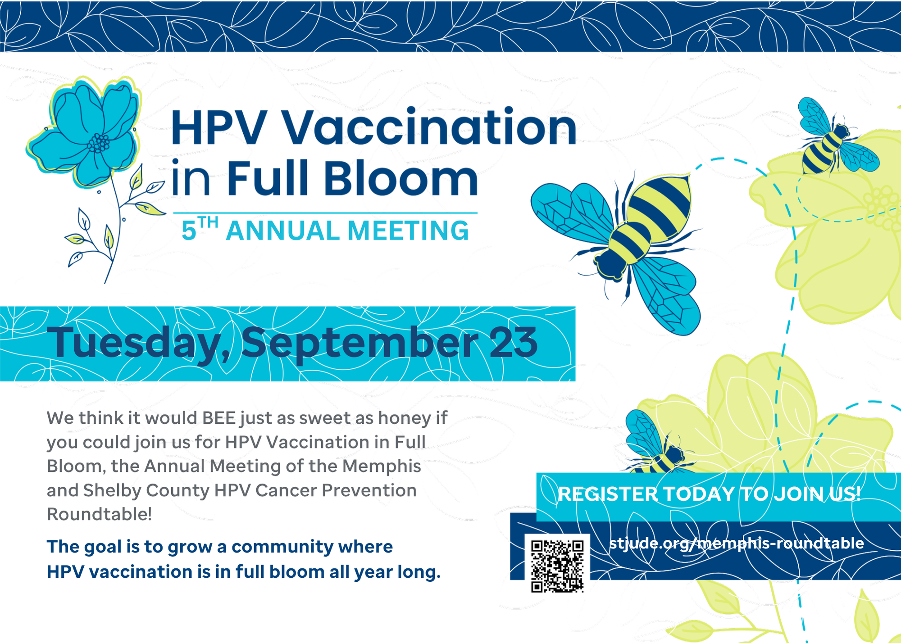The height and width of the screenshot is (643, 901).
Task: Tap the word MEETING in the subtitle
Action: point(408,231)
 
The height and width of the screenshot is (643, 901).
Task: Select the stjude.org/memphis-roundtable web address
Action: point(737,543)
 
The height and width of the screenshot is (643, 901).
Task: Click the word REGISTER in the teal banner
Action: point(608,494)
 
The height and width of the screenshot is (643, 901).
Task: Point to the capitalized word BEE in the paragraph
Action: point(219,418)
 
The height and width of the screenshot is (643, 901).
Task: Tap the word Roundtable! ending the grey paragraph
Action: point(100,514)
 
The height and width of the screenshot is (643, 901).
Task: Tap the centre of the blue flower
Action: point(99,143)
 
